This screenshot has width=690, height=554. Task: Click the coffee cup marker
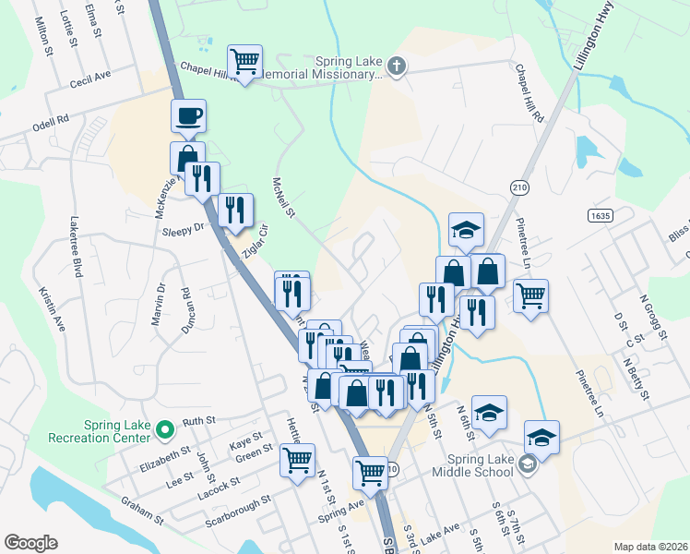(188, 115)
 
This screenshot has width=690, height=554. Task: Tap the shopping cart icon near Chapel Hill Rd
(245, 62)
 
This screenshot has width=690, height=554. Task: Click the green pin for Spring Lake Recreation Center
(166, 429)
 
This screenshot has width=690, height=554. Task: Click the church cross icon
(397, 66)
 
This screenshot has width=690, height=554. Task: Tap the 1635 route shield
(599, 214)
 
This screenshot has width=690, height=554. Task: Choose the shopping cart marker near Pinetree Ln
(530, 296)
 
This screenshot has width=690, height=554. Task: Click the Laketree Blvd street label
(77, 248)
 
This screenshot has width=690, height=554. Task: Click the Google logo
(30, 542)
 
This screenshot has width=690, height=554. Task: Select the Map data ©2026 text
(649, 547)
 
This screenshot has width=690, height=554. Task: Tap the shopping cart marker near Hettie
(298, 460)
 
